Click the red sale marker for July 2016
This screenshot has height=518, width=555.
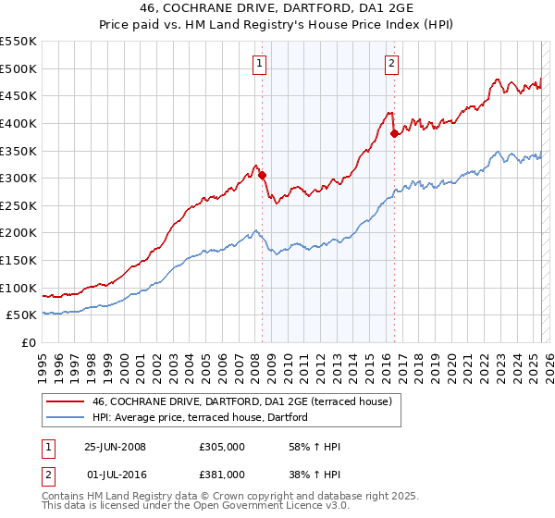[x=394, y=133]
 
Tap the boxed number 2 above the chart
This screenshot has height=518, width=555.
[x=392, y=64]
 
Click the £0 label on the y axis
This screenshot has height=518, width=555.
[x=29, y=343]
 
